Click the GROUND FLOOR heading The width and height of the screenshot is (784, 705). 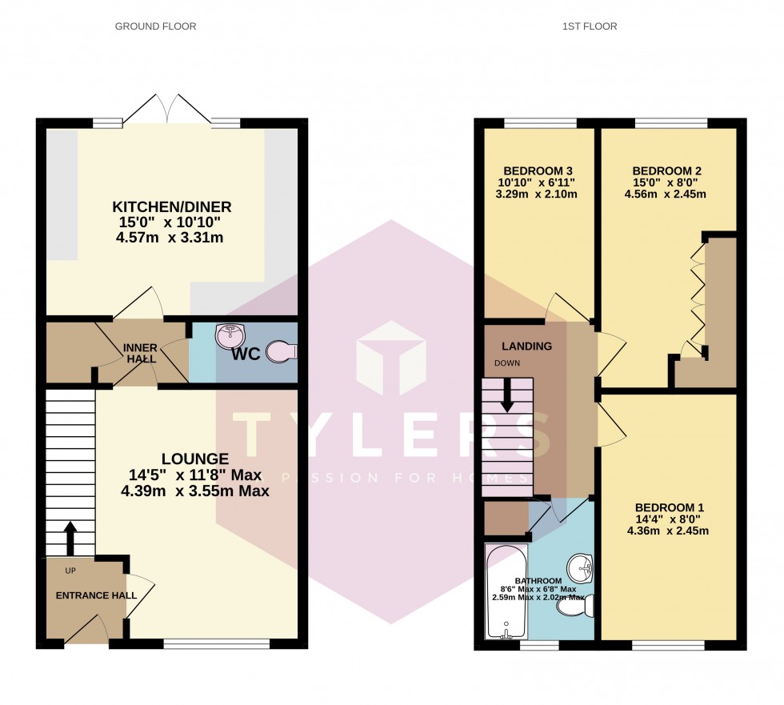[155, 26]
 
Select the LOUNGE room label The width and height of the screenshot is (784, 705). [195, 459]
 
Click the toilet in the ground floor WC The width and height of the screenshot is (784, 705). [281, 351]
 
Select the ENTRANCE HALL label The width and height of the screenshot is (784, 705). [96, 595]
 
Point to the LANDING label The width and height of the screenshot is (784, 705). [526, 346]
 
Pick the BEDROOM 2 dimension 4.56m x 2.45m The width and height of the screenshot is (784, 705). [668, 194]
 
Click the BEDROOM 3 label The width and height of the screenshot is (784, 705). [538, 170]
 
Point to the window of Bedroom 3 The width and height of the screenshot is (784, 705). [541, 123]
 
